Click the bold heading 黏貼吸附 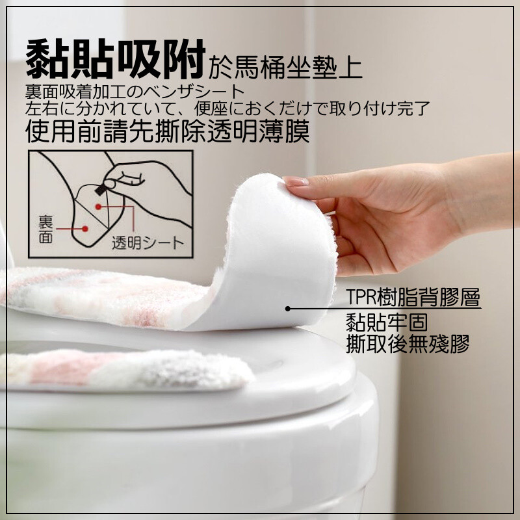(116, 59)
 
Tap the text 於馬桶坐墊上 (285, 68)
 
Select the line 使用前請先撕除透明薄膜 (168, 131)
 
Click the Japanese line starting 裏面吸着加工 (135, 92)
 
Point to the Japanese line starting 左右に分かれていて (227, 108)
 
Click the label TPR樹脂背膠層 (413, 297)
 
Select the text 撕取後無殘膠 (408, 344)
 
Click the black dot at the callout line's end (287, 309)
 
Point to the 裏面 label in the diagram (45, 229)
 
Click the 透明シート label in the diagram (148, 243)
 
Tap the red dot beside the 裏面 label (85, 229)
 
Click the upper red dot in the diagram (98, 207)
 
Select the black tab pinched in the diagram (101, 188)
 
